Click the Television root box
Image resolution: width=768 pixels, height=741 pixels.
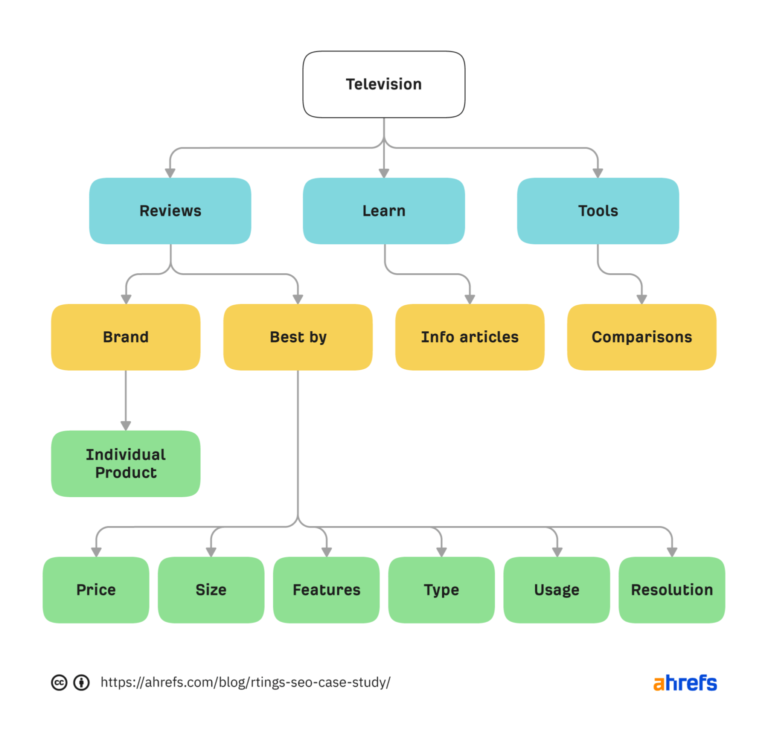[x=383, y=84]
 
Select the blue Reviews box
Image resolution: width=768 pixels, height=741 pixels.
[x=170, y=211]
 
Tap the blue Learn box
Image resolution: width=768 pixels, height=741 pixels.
[x=383, y=211]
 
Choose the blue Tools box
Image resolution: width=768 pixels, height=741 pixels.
[x=597, y=211]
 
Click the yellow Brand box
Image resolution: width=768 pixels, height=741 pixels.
[x=125, y=337]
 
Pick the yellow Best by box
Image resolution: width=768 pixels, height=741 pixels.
[x=298, y=337]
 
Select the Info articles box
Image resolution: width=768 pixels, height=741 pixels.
[x=469, y=337]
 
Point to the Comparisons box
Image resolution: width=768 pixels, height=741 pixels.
[x=641, y=337]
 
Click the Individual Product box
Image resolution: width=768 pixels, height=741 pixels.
[x=125, y=464]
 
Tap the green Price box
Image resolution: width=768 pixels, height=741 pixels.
[x=96, y=590]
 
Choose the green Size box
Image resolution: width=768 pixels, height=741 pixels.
[x=211, y=590]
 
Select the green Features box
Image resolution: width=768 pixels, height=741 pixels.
[x=326, y=590]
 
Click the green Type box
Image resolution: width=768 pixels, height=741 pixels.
[x=441, y=590]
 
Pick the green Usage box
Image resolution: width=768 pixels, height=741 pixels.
[x=556, y=590]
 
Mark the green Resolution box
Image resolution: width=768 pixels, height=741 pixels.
[x=671, y=590]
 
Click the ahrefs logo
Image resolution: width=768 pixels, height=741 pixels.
[x=685, y=683]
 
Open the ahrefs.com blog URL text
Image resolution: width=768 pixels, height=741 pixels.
[x=245, y=683]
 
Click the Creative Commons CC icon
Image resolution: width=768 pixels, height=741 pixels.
[x=59, y=683]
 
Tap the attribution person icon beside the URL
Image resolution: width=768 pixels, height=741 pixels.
[x=81, y=683]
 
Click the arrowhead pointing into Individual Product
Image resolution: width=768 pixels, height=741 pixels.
[x=125, y=425]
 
